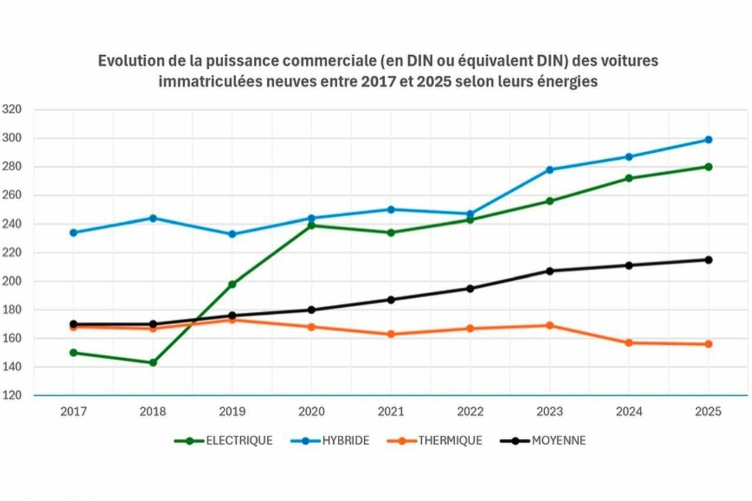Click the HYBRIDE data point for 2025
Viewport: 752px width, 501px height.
(709, 140)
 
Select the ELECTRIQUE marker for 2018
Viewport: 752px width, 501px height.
(153, 362)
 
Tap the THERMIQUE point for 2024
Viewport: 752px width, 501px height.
(629, 342)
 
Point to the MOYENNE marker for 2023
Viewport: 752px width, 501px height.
(550, 271)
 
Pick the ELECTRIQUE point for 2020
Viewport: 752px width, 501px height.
(311, 226)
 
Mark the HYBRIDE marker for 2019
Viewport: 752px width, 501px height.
(232, 234)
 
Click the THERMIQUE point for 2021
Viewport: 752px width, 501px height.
(391, 334)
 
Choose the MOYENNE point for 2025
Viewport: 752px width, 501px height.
(709, 260)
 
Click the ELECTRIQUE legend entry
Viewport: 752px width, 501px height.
(224, 441)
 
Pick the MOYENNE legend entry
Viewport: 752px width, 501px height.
(543, 441)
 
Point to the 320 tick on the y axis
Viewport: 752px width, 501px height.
(12, 109)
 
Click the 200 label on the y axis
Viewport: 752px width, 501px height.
(12, 281)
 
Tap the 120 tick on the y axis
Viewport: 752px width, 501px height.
(12, 395)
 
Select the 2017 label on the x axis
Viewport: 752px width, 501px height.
(73, 412)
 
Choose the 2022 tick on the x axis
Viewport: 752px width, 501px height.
(470, 412)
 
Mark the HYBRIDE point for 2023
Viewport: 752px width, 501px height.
(550, 170)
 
